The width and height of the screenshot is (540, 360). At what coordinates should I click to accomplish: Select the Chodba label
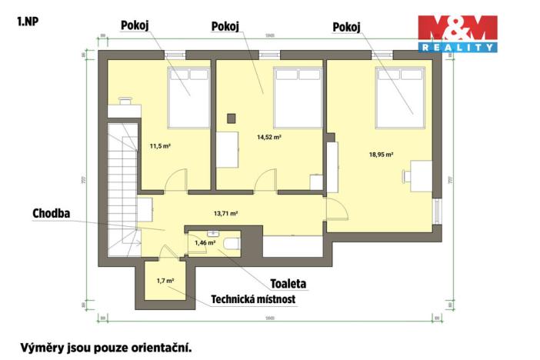tap(52, 213)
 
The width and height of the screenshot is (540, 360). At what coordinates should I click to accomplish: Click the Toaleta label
tap(288, 284)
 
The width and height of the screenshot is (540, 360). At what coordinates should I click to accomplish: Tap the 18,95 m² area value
tap(381, 154)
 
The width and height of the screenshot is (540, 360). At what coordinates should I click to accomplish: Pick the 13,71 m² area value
tap(225, 213)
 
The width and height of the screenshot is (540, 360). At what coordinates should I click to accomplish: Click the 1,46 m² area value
tap(204, 243)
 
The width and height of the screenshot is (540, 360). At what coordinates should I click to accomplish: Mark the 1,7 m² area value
tap(165, 282)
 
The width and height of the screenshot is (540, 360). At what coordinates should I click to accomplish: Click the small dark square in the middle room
tap(231, 118)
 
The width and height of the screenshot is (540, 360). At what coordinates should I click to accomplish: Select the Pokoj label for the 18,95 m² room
tap(346, 27)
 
